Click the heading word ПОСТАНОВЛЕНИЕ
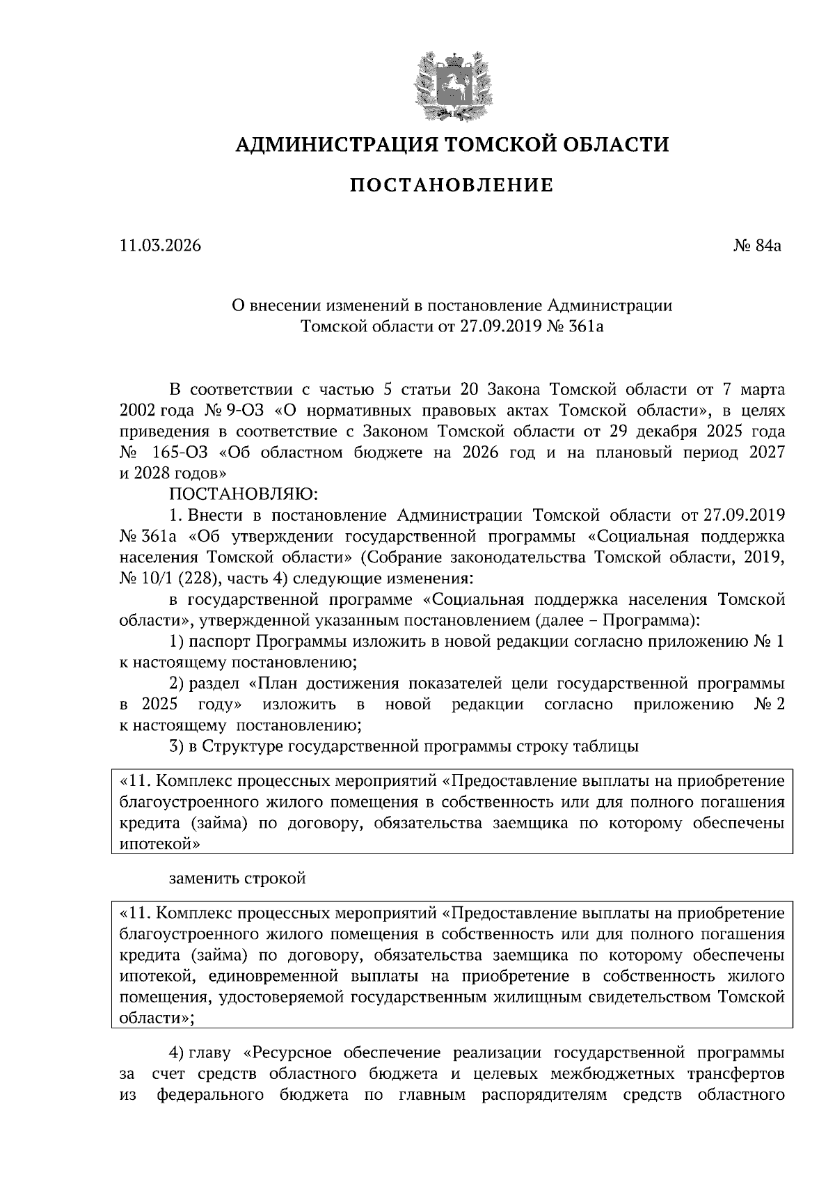point(451,186)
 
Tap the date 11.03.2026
point(160,246)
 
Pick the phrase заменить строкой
point(238,878)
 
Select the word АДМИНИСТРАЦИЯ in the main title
point(336,145)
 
